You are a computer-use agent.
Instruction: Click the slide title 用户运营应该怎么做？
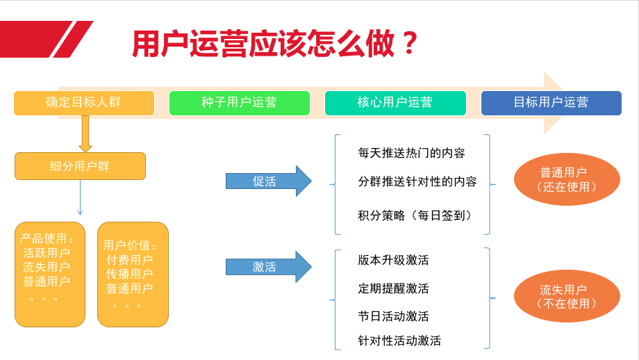[275, 43]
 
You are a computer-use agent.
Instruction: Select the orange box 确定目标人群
[83, 103]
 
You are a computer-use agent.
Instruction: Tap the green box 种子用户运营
[239, 103]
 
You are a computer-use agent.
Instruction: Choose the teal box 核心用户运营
[395, 103]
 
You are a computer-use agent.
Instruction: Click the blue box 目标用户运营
[551, 103]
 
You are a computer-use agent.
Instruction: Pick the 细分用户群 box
[80, 166]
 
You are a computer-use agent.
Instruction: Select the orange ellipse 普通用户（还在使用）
[567, 179]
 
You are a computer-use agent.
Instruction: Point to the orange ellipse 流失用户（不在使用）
[567, 297]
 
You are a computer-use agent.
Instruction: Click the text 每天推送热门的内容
[411, 152]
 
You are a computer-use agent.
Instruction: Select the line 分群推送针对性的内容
[417, 181]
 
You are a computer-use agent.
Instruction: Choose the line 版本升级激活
[393, 260]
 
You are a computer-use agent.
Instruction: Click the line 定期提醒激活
[393, 288]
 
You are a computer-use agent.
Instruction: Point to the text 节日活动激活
[393, 316]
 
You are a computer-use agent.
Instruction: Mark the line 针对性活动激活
[399, 341]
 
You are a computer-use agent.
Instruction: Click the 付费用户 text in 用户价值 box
[130, 260]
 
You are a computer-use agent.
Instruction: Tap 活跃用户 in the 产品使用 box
[47, 253]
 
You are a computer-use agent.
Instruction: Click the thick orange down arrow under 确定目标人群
[85, 133]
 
